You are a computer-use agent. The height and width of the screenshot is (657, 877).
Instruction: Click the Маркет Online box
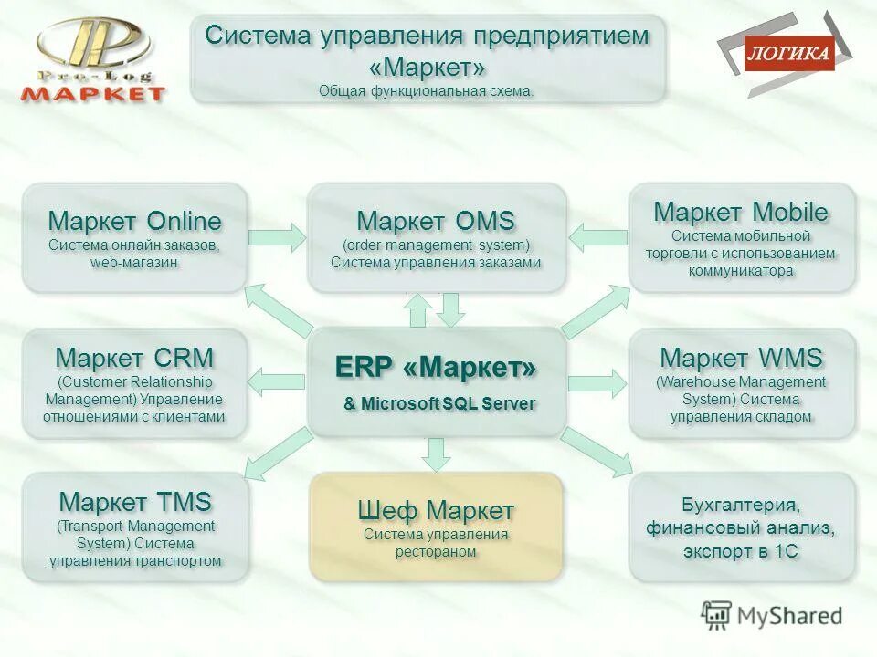[x=134, y=238]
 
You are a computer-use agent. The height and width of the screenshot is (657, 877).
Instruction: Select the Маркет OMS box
[x=436, y=238]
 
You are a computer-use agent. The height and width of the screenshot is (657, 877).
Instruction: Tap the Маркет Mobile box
[x=741, y=238]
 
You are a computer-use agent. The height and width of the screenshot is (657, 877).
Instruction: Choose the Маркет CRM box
[x=134, y=383]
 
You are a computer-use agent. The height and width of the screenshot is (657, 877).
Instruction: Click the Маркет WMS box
[x=741, y=383]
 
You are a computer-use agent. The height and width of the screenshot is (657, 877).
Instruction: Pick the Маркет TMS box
[x=134, y=527]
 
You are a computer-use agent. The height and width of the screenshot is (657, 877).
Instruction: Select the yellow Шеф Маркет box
[x=436, y=527]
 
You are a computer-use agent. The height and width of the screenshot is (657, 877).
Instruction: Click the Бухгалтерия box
[x=741, y=527]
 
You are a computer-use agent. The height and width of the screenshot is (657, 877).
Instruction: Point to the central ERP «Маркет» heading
[x=436, y=367]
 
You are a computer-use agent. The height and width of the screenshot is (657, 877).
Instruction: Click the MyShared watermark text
[x=786, y=616]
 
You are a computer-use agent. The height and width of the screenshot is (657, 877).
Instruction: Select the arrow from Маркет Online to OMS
[x=277, y=238]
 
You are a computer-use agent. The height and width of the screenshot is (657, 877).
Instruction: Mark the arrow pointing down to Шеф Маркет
[x=437, y=453]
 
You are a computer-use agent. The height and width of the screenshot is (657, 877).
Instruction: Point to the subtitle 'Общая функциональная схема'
[x=426, y=90]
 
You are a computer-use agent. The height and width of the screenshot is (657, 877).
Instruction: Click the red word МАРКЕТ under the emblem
[x=94, y=93]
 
